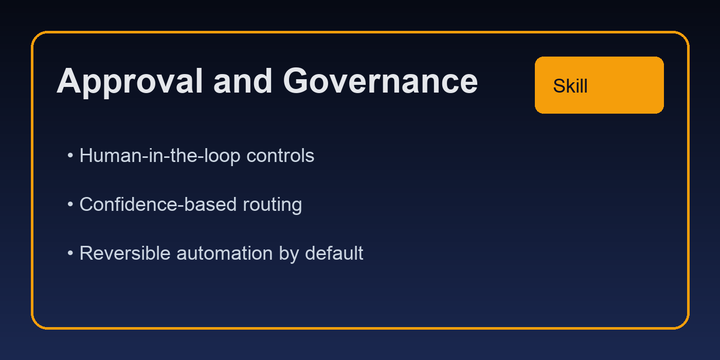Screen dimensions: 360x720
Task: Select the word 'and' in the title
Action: pyautogui.click(x=243, y=82)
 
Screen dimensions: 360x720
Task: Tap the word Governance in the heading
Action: pyautogui.click(x=380, y=82)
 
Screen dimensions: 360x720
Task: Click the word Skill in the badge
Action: pyautogui.click(x=570, y=86)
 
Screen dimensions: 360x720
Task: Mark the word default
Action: pyautogui.click(x=334, y=253)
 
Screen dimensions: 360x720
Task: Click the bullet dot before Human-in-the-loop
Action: pyautogui.click(x=70, y=155)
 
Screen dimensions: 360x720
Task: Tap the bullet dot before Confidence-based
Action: pyautogui.click(x=70, y=204)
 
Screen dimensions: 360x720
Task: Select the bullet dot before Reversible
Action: pyautogui.click(x=70, y=253)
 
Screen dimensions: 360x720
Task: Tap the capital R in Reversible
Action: pyautogui.click(x=85, y=253)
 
